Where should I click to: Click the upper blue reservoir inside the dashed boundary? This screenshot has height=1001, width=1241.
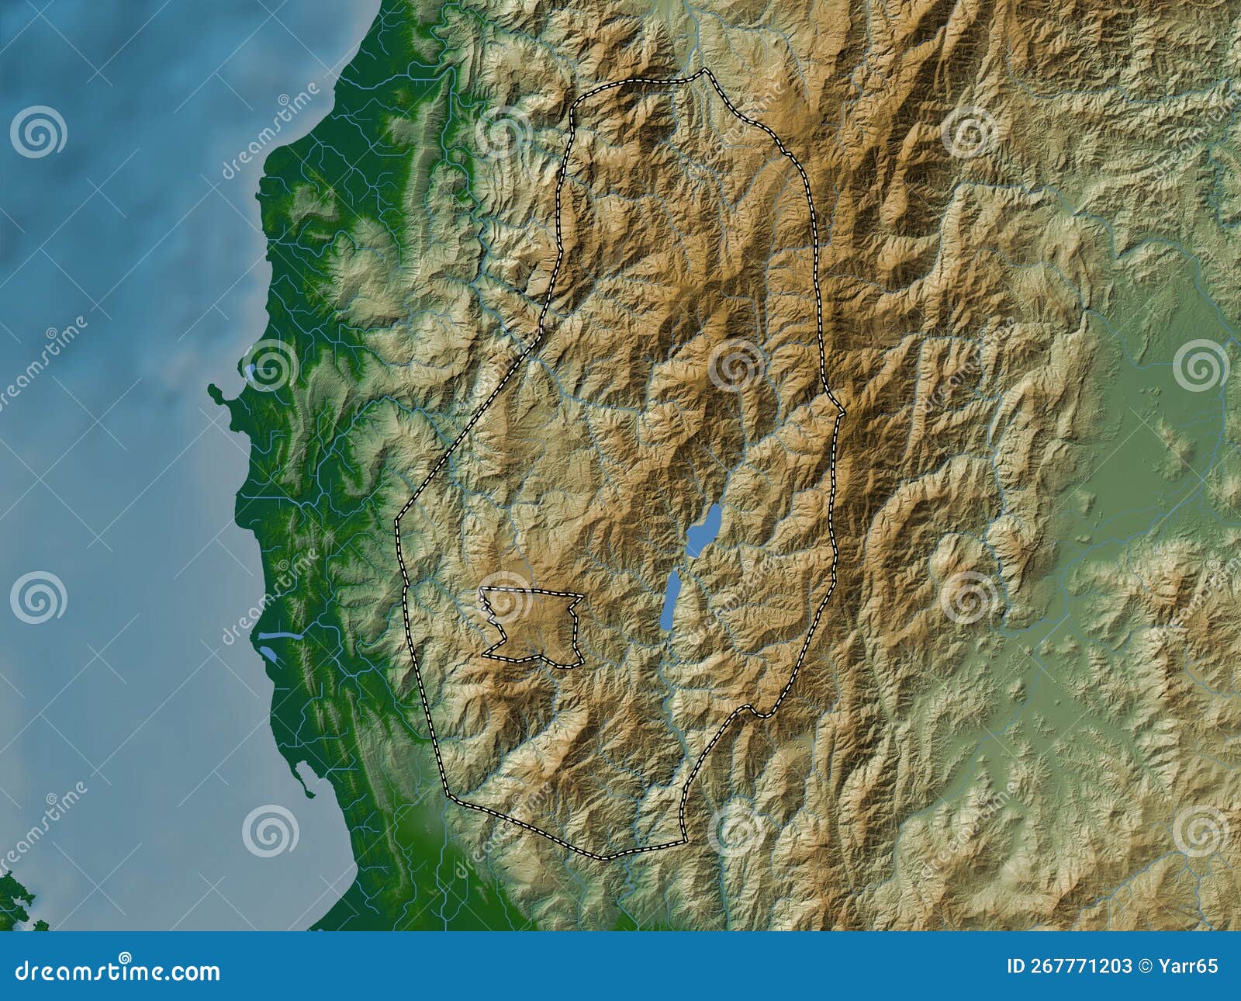[704, 528]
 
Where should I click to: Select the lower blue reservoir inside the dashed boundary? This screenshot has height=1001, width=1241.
[671, 602]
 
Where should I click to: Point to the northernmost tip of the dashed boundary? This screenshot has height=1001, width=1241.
[704, 70]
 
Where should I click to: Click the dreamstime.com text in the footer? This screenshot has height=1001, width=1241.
[116, 972]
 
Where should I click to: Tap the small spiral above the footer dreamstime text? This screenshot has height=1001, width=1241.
[124, 957]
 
